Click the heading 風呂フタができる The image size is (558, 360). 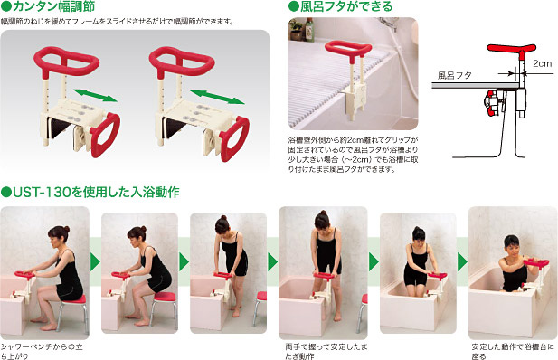pyautogui.click(x=340, y=6)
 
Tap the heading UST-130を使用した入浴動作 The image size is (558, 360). pyautogui.click(x=90, y=193)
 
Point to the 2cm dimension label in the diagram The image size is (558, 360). pyautogui.click(x=542, y=63)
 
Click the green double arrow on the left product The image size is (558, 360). pyautogui.click(x=95, y=96)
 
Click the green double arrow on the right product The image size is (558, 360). pyautogui.click(x=217, y=97)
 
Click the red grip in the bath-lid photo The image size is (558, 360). pyautogui.click(x=348, y=49)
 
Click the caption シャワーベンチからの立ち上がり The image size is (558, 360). pyautogui.click(x=42, y=351)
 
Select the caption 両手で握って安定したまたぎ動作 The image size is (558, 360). pyautogui.click(x=326, y=351)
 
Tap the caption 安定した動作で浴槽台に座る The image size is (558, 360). pyautogui.click(x=513, y=351)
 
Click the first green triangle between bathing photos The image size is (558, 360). pyautogui.click(x=95, y=262)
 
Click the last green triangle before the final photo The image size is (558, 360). pyautogui.click(x=462, y=262)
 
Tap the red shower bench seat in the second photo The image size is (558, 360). pyautogui.click(x=165, y=297)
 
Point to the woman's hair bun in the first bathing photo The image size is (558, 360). pyautogui.click(x=66, y=229)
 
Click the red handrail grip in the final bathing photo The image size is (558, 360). pyautogui.click(x=535, y=263)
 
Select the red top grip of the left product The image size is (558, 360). pyautogui.click(x=66, y=61)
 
